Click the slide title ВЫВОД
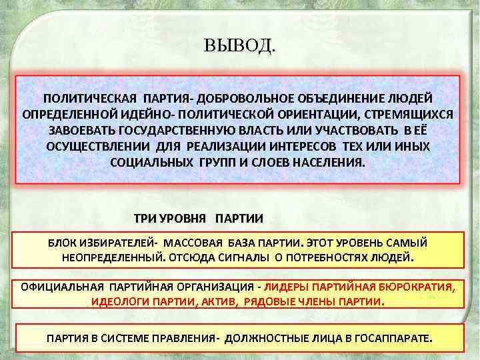coord(239,47)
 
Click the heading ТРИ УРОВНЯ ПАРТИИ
coord(199,218)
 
